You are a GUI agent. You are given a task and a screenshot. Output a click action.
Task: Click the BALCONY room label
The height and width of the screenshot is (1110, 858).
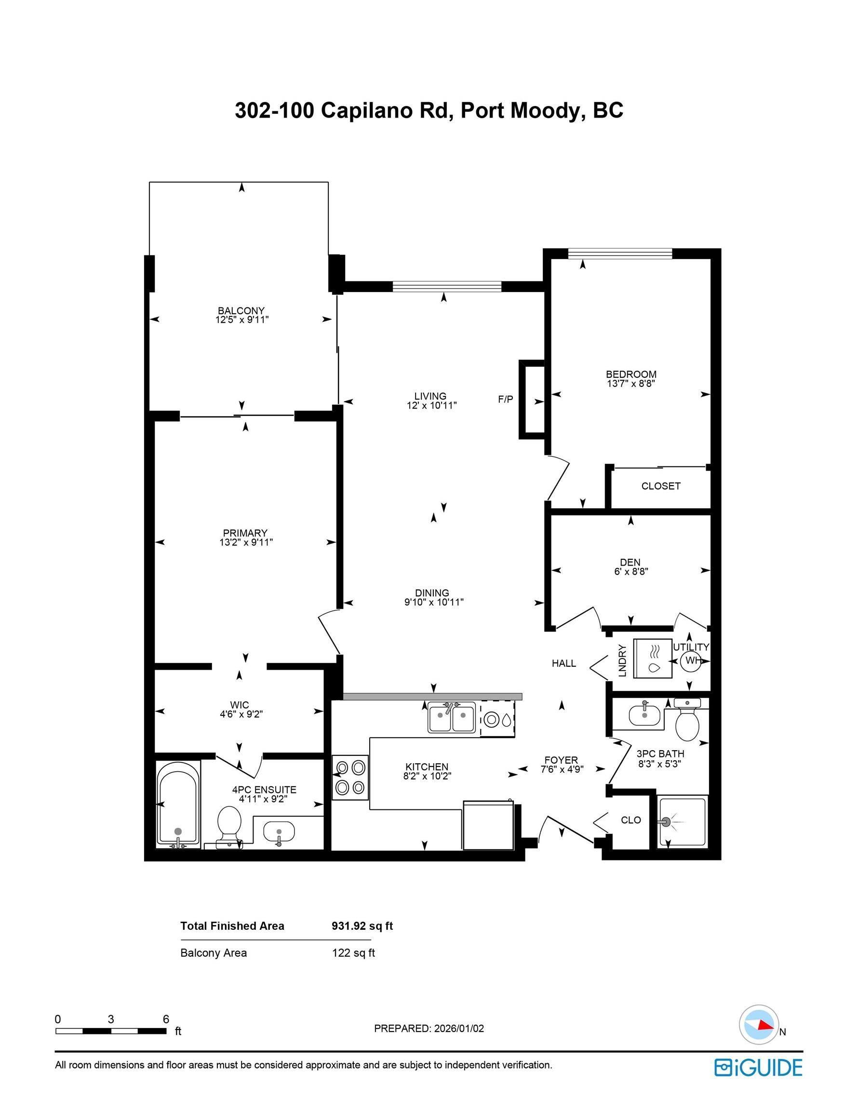point(241,311)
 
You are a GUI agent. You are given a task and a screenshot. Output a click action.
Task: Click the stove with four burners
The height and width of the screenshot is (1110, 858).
point(350,777)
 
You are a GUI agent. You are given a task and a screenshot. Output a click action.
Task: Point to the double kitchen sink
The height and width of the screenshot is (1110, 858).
point(451,718)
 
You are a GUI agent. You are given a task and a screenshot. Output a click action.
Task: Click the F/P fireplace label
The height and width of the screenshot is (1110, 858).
point(505,399)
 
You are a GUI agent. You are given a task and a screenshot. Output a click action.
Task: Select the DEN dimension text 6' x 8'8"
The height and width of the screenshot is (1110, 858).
point(630,571)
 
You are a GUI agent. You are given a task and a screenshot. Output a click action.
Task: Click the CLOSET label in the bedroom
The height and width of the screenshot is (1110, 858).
point(660,486)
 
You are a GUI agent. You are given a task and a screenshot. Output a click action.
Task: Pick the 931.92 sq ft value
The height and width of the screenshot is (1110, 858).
point(362,926)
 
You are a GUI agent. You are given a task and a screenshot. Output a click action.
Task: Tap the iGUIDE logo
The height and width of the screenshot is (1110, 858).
point(758,1068)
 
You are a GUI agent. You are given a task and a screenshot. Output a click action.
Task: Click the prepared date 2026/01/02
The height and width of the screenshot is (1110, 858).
point(459,1029)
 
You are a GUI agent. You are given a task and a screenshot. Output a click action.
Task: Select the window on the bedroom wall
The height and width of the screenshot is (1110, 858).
point(619,253)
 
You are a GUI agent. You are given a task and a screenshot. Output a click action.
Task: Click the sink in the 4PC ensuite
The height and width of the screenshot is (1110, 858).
point(279,832)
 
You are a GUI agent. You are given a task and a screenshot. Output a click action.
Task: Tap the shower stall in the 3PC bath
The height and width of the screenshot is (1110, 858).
point(682,821)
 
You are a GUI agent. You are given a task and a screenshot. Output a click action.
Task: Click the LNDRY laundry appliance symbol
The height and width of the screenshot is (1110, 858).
point(653,658)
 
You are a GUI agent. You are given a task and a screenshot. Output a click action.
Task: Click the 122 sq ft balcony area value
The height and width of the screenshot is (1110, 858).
point(353,953)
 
